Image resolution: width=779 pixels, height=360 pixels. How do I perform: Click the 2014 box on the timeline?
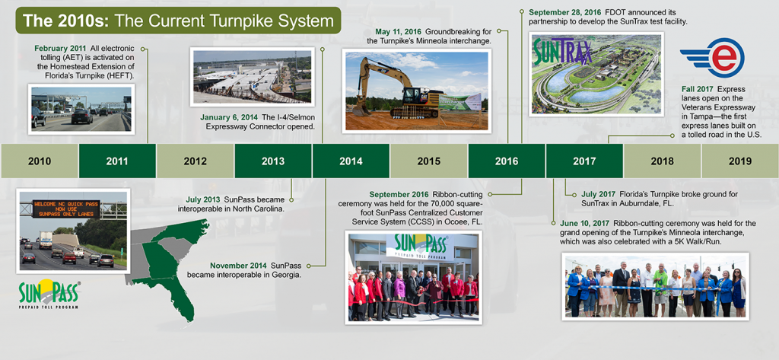point(351,161)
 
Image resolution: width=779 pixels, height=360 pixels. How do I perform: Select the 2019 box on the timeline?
point(739,161)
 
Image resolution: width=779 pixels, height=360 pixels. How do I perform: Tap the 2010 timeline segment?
point(40,161)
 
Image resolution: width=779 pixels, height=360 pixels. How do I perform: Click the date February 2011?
point(60,49)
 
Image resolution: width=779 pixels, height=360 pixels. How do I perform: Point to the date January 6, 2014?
point(228,118)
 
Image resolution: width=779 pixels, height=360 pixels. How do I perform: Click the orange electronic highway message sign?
point(66,209)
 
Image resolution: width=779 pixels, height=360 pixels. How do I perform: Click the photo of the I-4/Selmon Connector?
point(253,77)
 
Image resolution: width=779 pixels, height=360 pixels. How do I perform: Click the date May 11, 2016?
point(396,31)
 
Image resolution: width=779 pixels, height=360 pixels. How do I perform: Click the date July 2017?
point(598,193)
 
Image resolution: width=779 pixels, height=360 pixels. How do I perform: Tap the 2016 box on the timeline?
point(506,161)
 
